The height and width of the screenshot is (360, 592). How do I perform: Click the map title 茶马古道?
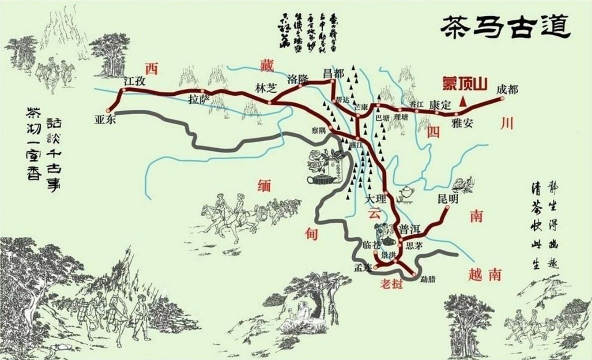tap(506, 28)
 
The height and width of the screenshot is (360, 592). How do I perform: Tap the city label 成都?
tap(506, 90)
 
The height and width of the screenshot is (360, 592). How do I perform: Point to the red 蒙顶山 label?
tap(465, 84)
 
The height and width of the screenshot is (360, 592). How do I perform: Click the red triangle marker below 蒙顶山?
tap(463, 102)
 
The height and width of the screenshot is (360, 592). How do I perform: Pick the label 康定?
tap(439, 105)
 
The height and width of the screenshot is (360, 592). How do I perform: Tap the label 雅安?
tap(462, 124)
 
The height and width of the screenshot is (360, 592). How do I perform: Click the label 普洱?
tap(410, 229)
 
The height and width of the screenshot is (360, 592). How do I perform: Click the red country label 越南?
tap(484, 275)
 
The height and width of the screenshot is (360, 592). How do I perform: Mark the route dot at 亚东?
tap(108, 111)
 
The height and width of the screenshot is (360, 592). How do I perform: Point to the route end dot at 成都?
tap(502, 99)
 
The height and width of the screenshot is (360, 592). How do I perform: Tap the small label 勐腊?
tap(428, 279)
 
